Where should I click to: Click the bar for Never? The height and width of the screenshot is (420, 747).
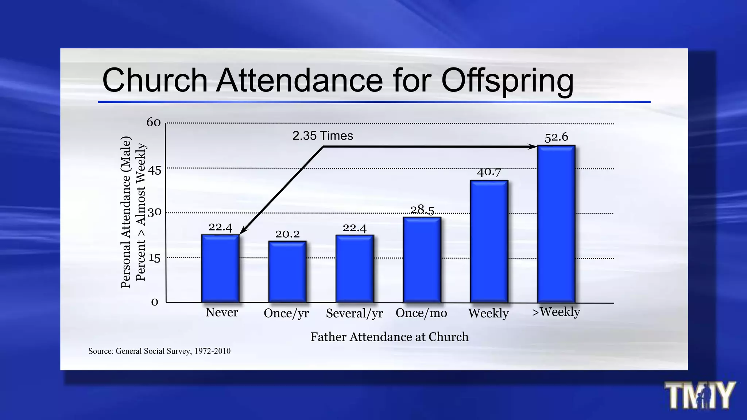pyautogui.click(x=220, y=269)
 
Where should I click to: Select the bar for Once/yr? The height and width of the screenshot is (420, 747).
pyautogui.click(x=287, y=272)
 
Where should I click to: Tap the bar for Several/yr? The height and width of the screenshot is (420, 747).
pyautogui.click(x=355, y=269)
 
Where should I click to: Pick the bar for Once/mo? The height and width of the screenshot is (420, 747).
pyautogui.click(x=422, y=260)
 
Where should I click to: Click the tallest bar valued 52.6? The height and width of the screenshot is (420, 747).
pyautogui.click(x=556, y=224)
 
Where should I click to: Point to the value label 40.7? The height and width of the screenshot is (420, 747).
pyautogui.click(x=489, y=172)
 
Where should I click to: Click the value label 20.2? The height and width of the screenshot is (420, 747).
pyautogui.click(x=287, y=234)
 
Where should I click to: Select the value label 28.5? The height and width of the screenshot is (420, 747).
pyautogui.click(x=422, y=210)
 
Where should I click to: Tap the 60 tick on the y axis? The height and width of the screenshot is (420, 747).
pyautogui.click(x=154, y=122)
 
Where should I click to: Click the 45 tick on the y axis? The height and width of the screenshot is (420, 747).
pyautogui.click(x=154, y=170)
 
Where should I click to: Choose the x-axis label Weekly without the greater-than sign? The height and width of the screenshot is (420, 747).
pyautogui.click(x=488, y=313)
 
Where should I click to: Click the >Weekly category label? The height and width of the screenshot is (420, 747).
pyautogui.click(x=556, y=312)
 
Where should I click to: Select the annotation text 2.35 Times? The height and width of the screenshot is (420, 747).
pyautogui.click(x=322, y=136)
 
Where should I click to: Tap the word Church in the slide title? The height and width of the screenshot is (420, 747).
pyautogui.click(x=155, y=80)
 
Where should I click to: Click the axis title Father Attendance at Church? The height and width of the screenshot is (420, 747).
pyautogui.click(x=389, y=337)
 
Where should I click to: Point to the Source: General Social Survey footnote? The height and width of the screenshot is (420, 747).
pyautogui.click(x=159, y=351)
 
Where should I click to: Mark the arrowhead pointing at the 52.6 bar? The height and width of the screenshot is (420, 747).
pyautogui.click(x=533, y=147)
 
